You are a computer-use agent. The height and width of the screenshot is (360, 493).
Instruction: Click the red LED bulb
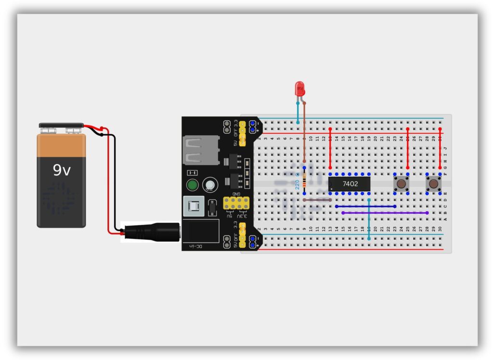coord(299,88)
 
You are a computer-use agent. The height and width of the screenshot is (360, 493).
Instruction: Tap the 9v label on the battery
coord(62,170)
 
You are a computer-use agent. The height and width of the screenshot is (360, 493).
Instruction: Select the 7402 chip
coord(350,183)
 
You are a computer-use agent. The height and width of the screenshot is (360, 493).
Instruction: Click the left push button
coord(401,183)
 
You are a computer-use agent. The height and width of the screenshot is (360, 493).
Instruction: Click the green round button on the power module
coord(193,185)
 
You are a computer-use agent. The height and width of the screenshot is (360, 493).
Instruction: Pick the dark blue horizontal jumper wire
coord(365,206)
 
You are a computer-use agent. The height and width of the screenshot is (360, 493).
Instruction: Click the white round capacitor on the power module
coord(209,184)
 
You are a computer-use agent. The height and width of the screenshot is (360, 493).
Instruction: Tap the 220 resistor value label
coord(297,183)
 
